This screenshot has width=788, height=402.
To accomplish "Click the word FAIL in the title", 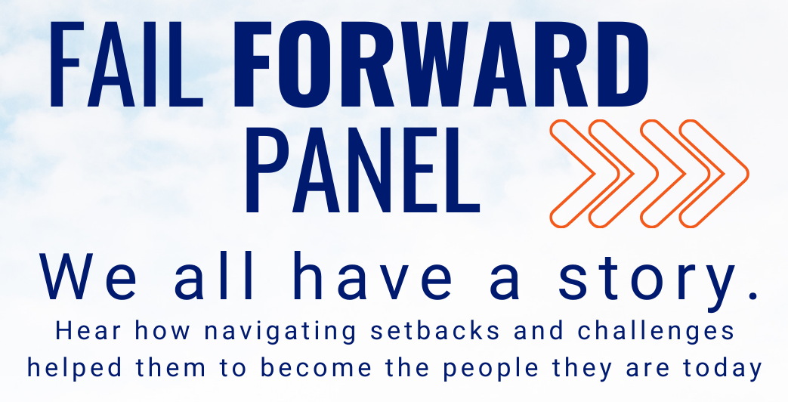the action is pos(125,65).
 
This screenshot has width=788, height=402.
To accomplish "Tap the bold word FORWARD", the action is pos(440,65).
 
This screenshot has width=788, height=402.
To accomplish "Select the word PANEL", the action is pos(363,169).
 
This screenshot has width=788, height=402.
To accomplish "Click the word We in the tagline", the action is pos(88,277).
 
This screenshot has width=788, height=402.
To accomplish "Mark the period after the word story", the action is pos(752,295).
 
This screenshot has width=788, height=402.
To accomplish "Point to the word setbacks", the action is pos(435,331).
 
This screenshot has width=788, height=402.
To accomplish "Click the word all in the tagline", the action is pos(215,276).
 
